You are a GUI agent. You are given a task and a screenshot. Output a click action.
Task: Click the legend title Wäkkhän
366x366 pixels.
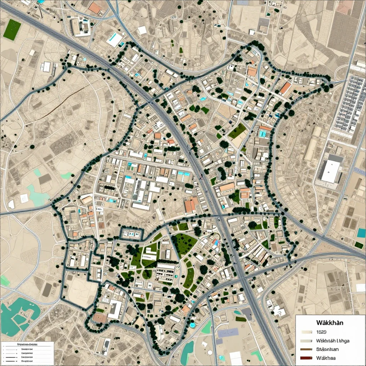[330, 322]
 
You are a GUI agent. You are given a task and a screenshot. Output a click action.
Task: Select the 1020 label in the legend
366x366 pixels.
[321, 332]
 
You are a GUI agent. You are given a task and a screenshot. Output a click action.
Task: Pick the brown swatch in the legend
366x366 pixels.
[306, 349]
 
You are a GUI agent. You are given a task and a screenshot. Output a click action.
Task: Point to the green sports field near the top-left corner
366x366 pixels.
[12, 29]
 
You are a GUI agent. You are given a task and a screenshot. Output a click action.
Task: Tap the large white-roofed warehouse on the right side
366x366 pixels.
[331, 171]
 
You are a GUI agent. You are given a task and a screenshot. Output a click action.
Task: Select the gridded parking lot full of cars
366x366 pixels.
[348, 104]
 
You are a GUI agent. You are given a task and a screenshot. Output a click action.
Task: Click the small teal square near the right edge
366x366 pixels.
[361, 233]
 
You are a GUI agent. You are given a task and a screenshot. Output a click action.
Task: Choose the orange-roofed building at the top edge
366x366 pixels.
[95, 8]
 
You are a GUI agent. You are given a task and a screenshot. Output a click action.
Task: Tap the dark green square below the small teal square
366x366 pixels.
[358, 245]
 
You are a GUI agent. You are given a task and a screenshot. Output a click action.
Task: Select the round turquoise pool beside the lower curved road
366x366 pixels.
[192, 325]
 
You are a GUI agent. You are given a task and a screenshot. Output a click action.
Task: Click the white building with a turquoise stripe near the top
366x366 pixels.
[115, 40]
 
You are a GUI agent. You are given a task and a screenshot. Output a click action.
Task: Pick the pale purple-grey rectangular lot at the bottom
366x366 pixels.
[228, 333]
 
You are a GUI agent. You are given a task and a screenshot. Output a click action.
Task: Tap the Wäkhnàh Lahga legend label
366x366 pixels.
[333, 341]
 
